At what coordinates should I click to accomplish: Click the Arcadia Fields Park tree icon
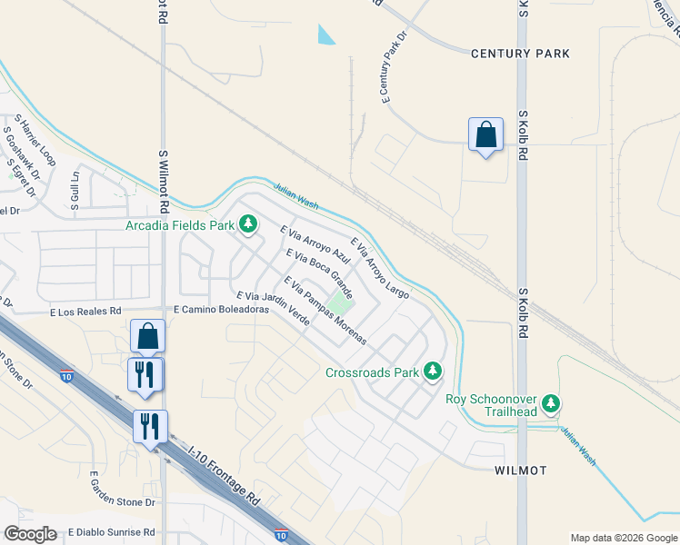247,223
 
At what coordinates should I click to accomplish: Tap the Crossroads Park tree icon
434,371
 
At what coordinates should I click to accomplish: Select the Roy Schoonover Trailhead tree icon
550,403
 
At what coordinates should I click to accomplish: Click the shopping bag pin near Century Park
486,135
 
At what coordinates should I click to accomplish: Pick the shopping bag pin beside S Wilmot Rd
147,336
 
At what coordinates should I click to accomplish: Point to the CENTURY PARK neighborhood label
520,54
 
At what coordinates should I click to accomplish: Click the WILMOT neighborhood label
520,471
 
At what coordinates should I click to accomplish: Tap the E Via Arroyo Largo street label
379,269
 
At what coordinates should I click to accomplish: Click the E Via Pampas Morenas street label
325,311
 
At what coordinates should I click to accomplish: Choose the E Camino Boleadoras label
221,310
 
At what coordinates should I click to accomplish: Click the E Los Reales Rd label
85,311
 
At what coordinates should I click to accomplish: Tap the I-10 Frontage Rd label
224,475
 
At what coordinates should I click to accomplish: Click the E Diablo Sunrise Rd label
110,532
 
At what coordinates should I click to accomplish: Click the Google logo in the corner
30,534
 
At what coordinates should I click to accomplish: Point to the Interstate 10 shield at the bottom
282,537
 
